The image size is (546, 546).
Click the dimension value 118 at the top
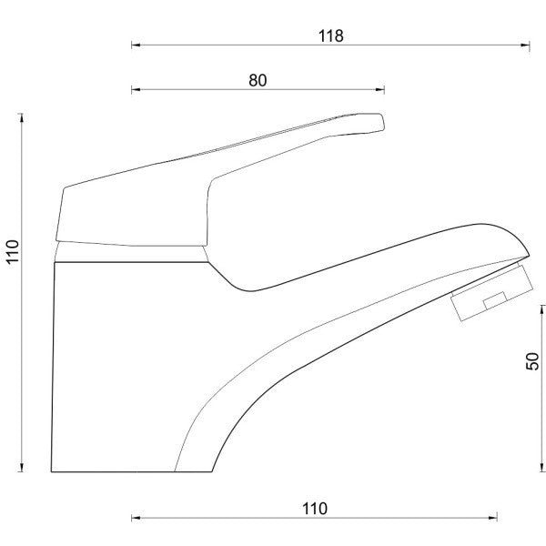click(331, 35)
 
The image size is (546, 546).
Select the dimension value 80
click(258, 80)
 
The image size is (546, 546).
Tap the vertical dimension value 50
click(532, 361)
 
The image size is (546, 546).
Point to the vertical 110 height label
click(13, 252)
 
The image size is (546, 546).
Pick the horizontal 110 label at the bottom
click(315, 509)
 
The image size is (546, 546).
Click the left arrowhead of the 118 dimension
click(136, 45)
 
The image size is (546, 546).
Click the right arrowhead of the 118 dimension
click(525, 45)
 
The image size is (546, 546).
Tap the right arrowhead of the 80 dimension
click(379, 89)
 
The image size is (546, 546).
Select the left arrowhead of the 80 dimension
click(136, 89)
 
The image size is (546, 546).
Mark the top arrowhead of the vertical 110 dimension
click(22, 118)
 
